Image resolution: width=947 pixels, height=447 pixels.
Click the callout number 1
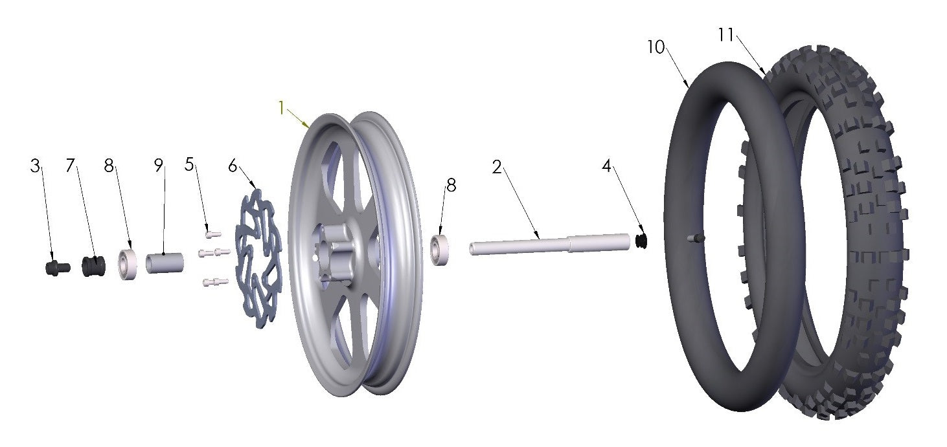click(x=281, y=109)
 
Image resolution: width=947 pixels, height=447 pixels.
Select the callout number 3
click(x=35, y=166)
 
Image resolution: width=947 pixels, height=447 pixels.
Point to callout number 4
click(x=606, y=166)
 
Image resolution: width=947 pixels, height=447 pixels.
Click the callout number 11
click(x=725, y=35)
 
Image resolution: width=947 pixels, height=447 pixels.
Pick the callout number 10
click(x=656, y=47)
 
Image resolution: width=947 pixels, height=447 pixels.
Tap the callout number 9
click(x=159, y=166)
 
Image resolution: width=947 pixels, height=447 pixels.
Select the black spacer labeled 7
click(x=93, y=266)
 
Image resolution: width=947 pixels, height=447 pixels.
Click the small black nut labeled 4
click(x=642, y=241)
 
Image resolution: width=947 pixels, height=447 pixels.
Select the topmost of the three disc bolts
click(x=212, y=234)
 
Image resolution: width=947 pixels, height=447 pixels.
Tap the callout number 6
click(x=233, y=166)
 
